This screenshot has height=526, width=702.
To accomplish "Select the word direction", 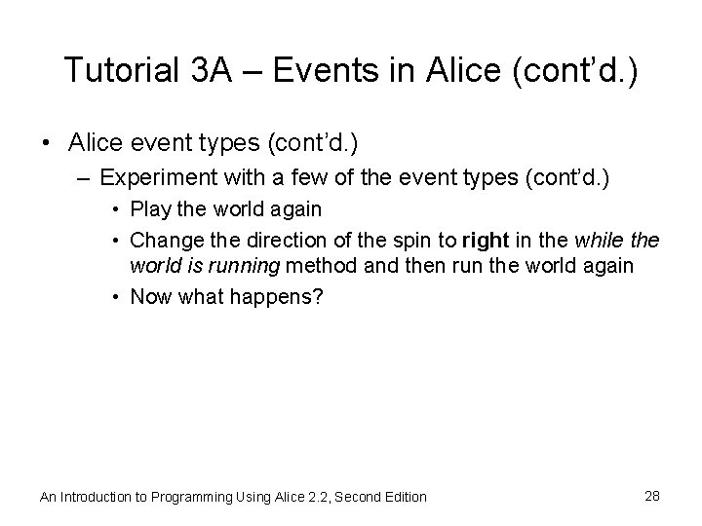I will click(275, 240).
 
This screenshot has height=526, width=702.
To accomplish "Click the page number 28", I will click(653, 496).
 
